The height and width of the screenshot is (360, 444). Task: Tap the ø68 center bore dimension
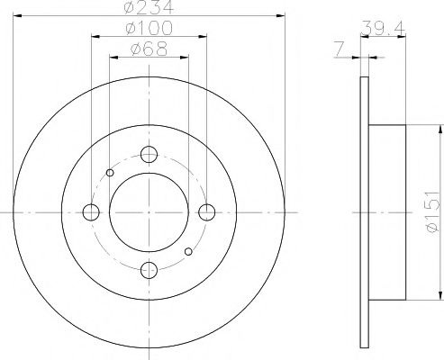149,50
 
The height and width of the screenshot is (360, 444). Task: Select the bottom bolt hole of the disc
149,268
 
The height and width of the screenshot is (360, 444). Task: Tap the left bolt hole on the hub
90,212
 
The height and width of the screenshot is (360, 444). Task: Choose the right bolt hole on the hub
207,212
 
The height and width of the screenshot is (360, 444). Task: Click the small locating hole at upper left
110,173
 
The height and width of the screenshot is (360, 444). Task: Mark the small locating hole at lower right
187,251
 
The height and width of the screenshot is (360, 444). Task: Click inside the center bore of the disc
149,212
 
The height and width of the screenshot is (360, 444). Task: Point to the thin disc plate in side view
364,212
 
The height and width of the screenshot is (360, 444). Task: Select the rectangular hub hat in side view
386,212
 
